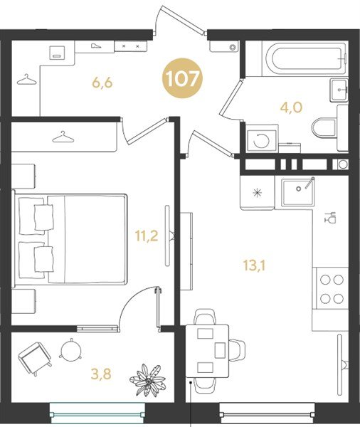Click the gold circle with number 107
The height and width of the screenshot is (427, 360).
(x=182, y=79)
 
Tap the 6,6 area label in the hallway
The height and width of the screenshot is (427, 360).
(x=102, y=83)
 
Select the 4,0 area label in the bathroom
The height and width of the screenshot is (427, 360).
(x=291, y=107)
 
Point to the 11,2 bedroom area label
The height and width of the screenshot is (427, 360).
(x=147, y=236)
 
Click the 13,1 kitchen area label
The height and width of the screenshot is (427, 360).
(x=254, y=265)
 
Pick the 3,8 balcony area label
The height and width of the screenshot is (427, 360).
(x=101, y=374)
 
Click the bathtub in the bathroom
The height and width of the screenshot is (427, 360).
(x=305, y=58)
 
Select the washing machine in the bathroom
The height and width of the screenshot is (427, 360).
(x=261, y=140)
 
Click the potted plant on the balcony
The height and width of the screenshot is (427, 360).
(x=147, y=380)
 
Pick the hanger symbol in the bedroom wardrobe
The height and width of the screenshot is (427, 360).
(x=63, y=137)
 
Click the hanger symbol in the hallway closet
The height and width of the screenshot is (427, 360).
(x=26, y=80)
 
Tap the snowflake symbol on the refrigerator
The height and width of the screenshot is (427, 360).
(x=257, y=193)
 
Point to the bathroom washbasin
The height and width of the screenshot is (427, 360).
(x=339, y=90)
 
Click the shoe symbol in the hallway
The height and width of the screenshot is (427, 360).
(x=96, y=46)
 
